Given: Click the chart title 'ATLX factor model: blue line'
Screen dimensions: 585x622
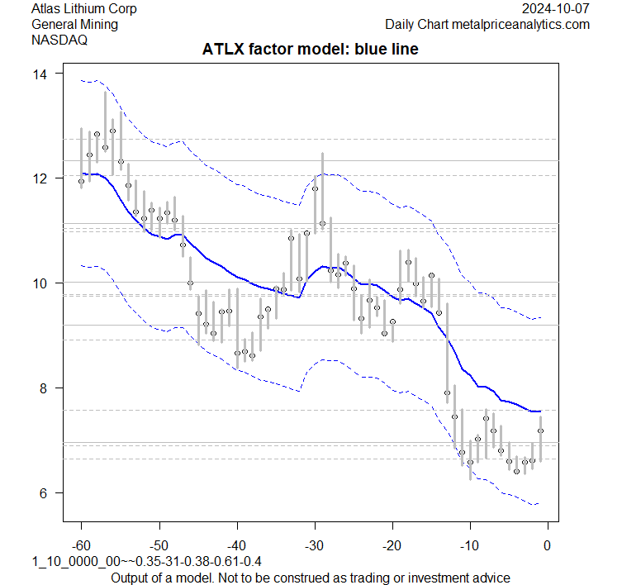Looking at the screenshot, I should click(311, 50).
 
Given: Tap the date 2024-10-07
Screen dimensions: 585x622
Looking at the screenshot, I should click(557, 9).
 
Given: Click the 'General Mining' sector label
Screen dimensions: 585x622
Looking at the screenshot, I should click(74, 25).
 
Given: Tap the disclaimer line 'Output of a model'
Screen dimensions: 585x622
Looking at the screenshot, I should click(310, 577).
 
